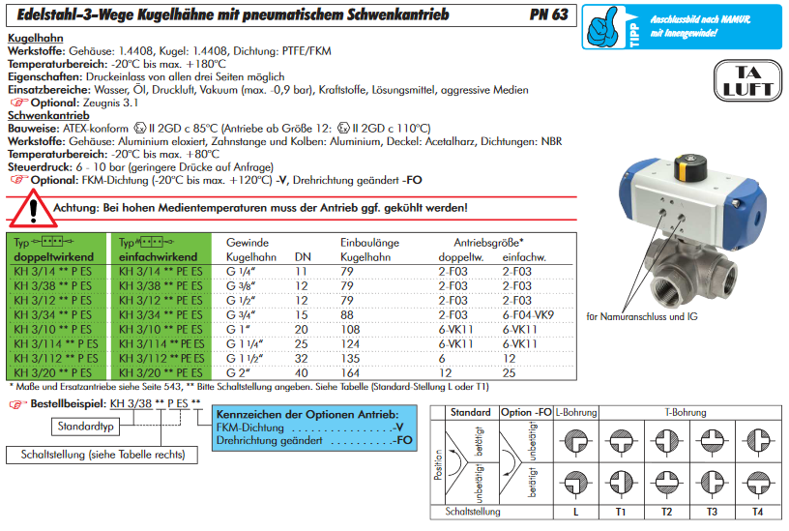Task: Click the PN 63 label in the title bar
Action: (x=547, y=15)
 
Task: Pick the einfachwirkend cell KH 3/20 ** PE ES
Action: (x=161, y=372)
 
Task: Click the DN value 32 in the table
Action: (x=302, y=358)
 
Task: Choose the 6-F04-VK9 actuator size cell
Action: (x=529, y=315)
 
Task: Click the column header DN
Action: (x=303, y=257)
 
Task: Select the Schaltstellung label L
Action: (x=575, y=510)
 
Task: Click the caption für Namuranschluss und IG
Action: (x=643, y=316)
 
